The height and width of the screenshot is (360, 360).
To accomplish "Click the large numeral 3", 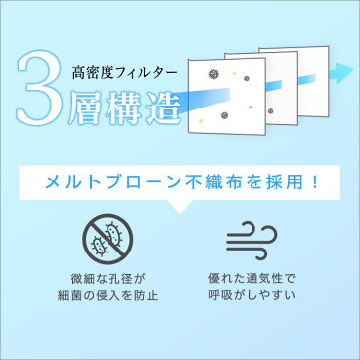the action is coord(38,88).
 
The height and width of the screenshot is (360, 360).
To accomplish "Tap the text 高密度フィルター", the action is coord(124,73).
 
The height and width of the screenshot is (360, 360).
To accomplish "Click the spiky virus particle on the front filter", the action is coord(214,74).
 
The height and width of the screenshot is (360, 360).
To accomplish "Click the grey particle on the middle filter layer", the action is coord(270,110).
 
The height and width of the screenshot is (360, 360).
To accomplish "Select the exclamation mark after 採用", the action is coord(315,181).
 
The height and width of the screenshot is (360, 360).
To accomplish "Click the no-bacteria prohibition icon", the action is coord(108,239).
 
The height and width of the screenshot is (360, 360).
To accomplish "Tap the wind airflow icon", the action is coord(252,240).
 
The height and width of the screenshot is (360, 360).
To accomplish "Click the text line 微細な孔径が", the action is coord(108,280).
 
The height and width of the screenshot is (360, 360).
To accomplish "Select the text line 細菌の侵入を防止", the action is coord(108,295).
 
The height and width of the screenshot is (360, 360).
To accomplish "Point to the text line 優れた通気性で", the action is coord(252,279).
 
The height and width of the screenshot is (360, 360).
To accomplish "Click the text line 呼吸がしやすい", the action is coord(252,295).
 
